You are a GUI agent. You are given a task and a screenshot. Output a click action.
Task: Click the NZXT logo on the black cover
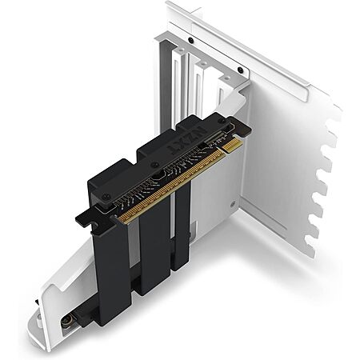186,139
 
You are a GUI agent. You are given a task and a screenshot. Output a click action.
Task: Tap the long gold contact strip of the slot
170,186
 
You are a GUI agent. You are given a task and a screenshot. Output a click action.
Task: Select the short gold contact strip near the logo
233,145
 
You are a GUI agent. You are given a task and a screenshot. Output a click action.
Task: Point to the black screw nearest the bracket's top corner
240,70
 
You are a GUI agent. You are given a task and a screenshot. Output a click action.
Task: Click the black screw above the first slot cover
190,41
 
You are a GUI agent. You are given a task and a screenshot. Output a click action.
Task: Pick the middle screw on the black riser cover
154,165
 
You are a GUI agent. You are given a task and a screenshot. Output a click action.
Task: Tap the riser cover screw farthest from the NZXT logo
106,197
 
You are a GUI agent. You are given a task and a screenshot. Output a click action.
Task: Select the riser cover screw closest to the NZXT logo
222,121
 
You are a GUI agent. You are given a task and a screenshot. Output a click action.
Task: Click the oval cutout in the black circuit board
159,177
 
